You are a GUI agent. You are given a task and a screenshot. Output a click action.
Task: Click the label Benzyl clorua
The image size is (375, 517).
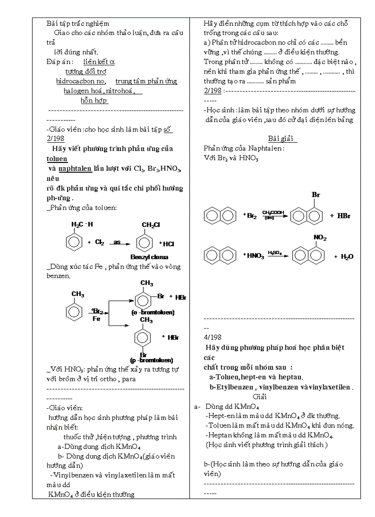(x=149, y=257)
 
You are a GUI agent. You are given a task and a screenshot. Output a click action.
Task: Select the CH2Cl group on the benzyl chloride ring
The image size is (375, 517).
(x=150, y=225)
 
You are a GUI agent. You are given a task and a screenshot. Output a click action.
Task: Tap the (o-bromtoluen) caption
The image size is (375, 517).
(x=153, y=312)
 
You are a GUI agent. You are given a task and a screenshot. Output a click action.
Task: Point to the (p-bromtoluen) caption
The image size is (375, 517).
(x=152, y=360)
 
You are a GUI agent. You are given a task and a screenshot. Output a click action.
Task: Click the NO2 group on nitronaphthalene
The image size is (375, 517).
(x=320, y=238)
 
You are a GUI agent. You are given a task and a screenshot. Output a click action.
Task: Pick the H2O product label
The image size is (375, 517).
(x=347, y=256)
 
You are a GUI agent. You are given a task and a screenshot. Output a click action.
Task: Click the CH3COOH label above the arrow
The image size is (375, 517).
(x=273, y=213)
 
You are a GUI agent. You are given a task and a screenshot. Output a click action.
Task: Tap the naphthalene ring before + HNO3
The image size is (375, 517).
(x=219, y=256)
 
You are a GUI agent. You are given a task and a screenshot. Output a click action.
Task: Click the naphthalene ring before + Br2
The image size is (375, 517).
(x=219, y=215)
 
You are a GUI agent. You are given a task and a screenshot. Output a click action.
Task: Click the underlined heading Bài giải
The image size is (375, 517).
(x=283, y=139)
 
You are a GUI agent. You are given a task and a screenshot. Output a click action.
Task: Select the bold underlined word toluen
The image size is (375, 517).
(x=57, y=158)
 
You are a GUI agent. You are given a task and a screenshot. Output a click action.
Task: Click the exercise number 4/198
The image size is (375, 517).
(x=212, y=337)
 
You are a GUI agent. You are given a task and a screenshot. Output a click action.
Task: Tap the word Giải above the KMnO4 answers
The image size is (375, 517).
(x=260, y=396)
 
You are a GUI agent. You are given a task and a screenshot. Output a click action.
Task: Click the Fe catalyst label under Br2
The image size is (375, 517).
(x=96, y=318)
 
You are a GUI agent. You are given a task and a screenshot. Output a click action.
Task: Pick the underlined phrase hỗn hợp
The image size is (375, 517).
(x=94, y=100)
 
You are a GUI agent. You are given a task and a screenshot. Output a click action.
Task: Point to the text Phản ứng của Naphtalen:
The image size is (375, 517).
(x=244, y=148)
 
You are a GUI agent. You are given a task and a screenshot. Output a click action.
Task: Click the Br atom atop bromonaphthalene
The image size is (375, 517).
(x=316, y=195)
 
